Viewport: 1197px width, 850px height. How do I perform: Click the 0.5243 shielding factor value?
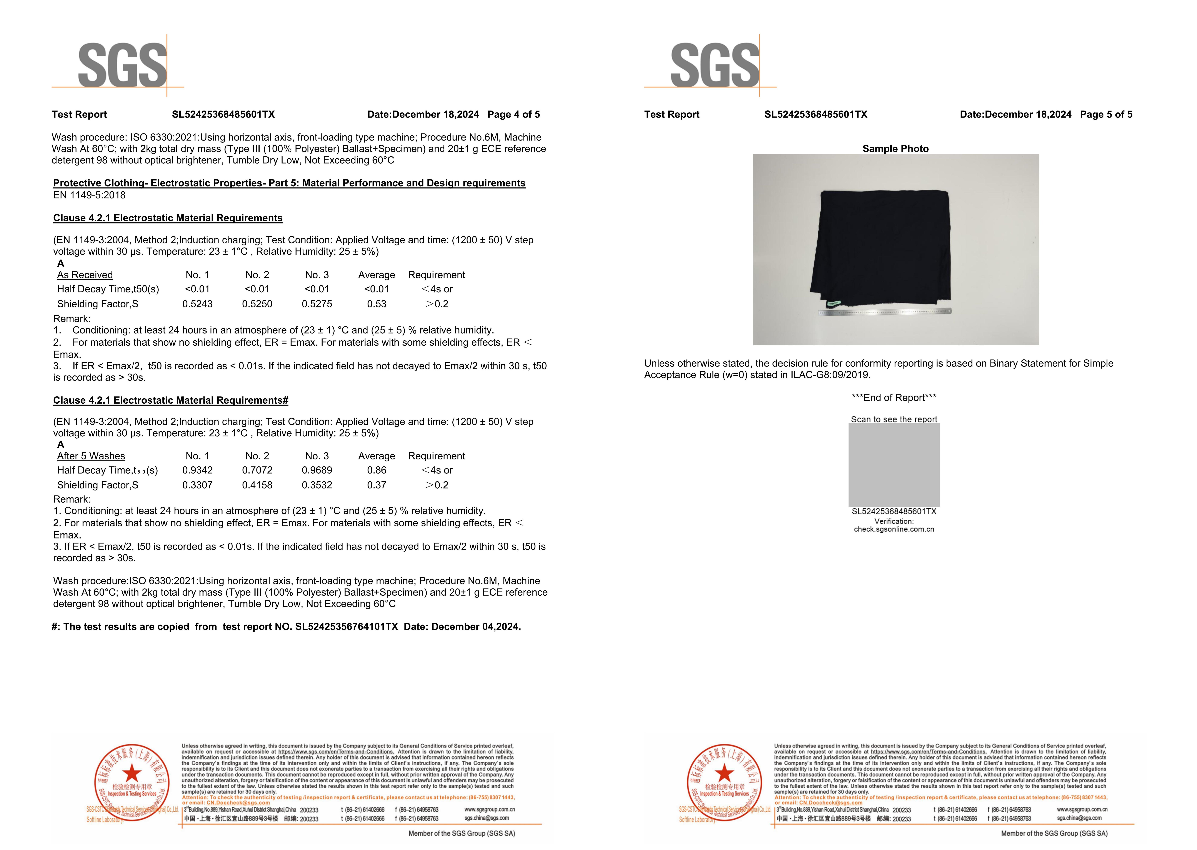(x=197, y=304)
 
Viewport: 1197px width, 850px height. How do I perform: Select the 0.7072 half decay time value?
(x=257, y=471)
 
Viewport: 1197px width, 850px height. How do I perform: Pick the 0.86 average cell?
(x=377, y=471)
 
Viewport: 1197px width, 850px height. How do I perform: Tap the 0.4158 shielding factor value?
(x=257, y=485)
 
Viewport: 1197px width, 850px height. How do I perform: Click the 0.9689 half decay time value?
(x=317, y=471)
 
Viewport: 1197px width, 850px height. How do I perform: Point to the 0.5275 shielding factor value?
(x=317, y=304)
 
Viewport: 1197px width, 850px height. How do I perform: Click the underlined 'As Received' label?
(x=85, y=275)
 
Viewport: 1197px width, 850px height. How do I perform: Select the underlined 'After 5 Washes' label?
(x=91, y=456)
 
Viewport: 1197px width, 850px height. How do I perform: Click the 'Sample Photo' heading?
(x=895, y=149)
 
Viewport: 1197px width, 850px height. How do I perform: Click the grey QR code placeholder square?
(x=894, y=465)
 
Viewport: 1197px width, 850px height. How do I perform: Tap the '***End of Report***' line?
(x=894, y=398)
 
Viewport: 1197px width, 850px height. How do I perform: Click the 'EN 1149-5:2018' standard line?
(x=90, y=195)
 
